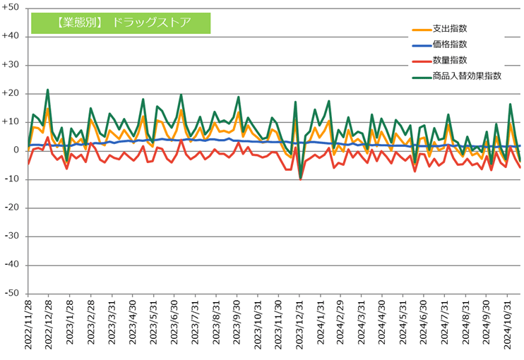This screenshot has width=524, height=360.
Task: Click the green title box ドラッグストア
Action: pos(121,23)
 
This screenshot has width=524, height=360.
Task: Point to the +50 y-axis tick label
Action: pos(11,7)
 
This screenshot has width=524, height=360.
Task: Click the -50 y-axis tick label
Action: pos(12,293)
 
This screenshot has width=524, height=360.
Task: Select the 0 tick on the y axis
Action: pos(16,150)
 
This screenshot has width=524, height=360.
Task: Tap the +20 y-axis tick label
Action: pos(11,93)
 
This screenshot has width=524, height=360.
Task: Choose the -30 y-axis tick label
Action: pos(12,236)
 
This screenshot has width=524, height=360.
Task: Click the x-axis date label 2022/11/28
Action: pos(28,325)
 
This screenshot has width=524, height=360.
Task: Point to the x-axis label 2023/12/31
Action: pos(299,325)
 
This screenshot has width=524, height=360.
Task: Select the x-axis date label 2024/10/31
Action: pos(508,325)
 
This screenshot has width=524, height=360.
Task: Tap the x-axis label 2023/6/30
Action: pos(174,323)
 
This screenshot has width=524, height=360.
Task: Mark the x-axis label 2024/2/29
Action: pos(340,323)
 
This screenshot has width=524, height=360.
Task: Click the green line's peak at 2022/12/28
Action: pos(48,90)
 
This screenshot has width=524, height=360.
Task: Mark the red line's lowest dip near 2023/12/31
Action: pos(301,179)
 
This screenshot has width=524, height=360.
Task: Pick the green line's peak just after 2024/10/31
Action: pos(511,104)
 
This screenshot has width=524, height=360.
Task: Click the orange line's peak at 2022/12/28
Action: pos(48,109)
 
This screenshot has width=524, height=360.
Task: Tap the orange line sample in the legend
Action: pos(422,30)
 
